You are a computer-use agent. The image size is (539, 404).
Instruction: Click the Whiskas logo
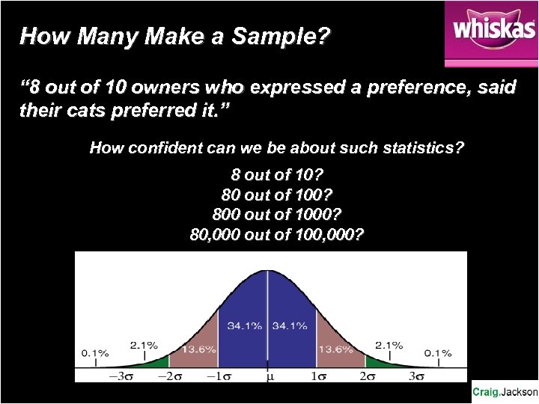491,33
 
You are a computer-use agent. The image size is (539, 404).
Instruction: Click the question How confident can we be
276,147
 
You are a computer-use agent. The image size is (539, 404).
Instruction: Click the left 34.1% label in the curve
245,325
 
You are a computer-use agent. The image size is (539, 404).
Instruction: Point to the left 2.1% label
143,345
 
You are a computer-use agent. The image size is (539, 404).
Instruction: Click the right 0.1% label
438,352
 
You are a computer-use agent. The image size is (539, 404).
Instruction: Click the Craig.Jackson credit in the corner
505,392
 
